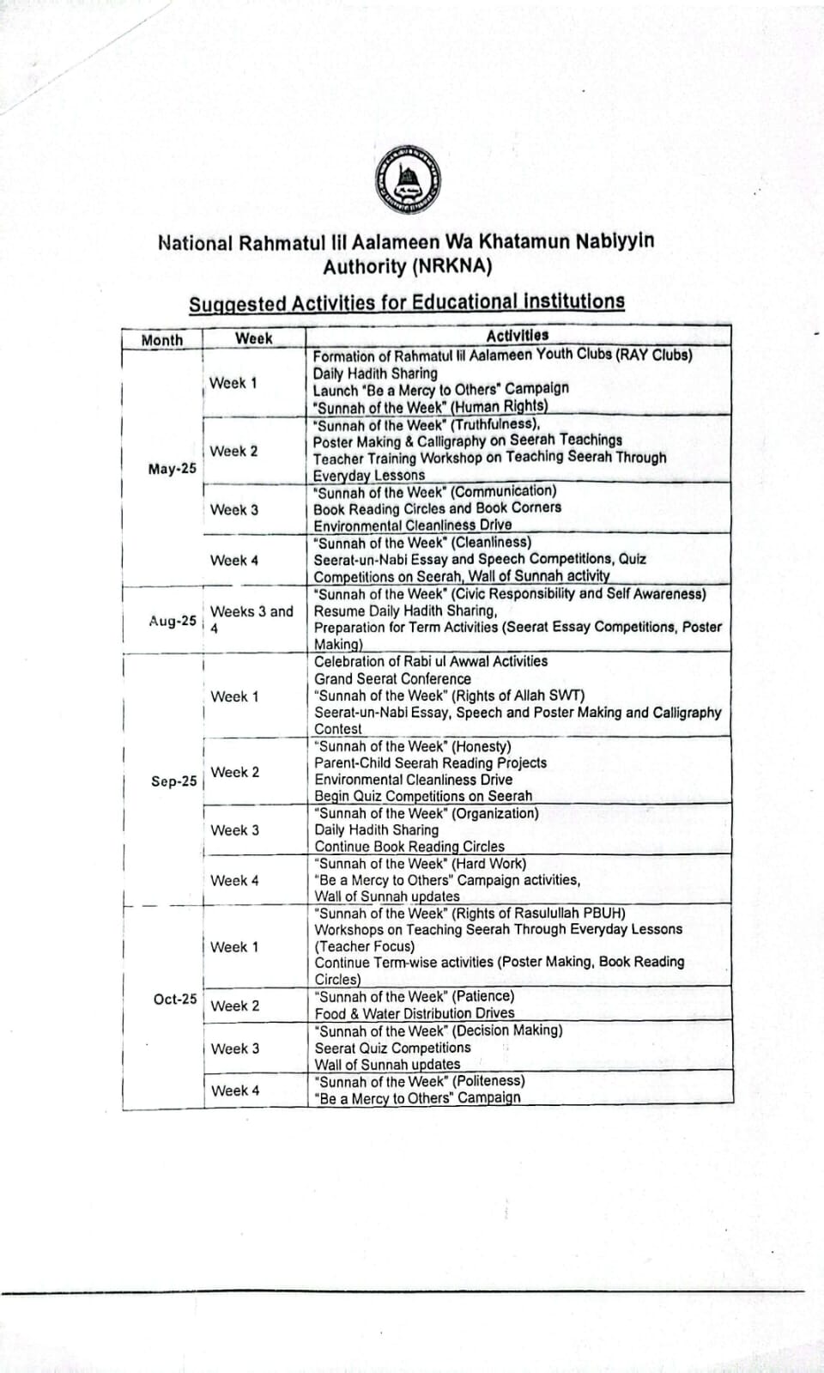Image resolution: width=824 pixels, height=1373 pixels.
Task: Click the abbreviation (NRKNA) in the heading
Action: click(x=451, y=266)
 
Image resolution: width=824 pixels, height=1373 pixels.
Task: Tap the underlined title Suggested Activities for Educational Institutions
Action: click(x=407, y=302)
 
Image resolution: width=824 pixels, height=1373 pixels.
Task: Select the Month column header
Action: click(x=162, y=340)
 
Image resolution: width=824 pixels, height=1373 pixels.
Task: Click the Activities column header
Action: click(x=517, y=336)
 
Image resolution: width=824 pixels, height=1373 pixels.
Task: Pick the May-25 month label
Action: click(x=172, y=469)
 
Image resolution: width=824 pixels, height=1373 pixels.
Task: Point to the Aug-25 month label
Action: click(x=173, y=621)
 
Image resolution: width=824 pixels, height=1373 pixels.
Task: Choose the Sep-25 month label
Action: click(x=173, y=781)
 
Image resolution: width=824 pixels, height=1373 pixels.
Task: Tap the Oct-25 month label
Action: click(x=175, y=999)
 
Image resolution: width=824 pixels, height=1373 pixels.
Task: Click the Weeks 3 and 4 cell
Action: click(x=251, y=619)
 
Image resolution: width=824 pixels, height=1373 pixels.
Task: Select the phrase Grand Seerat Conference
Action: click(x=392, y=678)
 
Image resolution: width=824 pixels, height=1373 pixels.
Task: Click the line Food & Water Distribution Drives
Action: click(x=415, y=1013)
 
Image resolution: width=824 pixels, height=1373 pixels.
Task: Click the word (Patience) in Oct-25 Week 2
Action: click(x=483, y=996)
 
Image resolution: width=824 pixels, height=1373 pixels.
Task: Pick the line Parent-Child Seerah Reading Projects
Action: click(x=430, y=762)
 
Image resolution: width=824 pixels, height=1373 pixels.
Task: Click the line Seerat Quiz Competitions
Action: click(x=392, y=1048)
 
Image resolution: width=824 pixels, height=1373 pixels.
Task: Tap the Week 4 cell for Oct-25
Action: click(x=235, y=1091)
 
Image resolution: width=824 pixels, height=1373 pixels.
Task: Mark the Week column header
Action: click(x=253, y=338)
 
